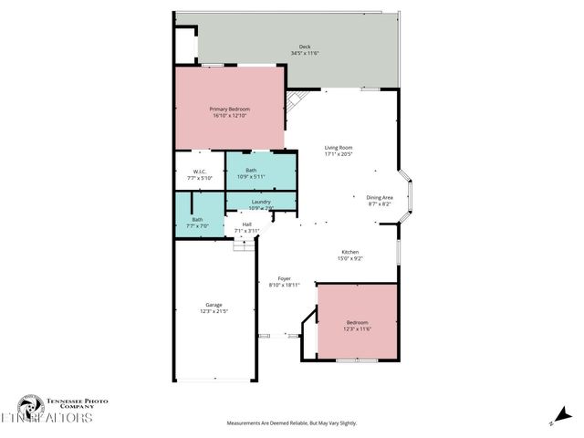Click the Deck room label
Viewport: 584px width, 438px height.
305,47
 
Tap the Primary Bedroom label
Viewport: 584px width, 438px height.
230,109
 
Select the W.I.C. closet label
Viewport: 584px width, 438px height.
199,171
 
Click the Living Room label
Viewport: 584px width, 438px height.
339,148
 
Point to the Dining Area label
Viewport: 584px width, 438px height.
379,197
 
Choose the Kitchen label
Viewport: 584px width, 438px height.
349,252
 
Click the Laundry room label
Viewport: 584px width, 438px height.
260,201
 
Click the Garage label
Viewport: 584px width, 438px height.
214,305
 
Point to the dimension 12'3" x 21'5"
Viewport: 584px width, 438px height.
214,311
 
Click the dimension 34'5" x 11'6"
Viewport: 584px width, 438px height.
305,54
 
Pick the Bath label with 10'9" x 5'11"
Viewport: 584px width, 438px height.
251,171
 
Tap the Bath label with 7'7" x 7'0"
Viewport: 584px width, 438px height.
197,219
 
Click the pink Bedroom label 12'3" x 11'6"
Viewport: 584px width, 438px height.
357,323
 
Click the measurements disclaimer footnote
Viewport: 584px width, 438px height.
292,423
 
